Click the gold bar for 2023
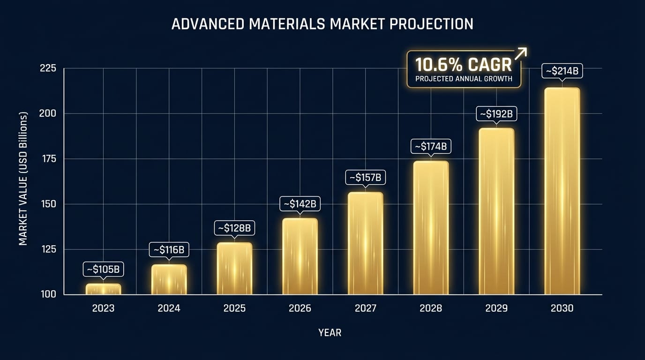(103, 289)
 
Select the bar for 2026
(300, 256)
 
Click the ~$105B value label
(103, 269)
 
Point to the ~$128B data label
(234, 228)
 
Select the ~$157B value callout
(366, 178)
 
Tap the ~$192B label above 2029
(496, 113)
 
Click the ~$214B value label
(562, 71)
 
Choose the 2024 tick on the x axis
(169, 308)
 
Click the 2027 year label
(366, 308)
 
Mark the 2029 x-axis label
(496, 308)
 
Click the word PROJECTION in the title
(425, 24)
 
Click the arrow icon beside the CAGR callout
(520, 54)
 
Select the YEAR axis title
(330, 333)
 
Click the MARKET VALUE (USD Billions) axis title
(23, 179)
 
